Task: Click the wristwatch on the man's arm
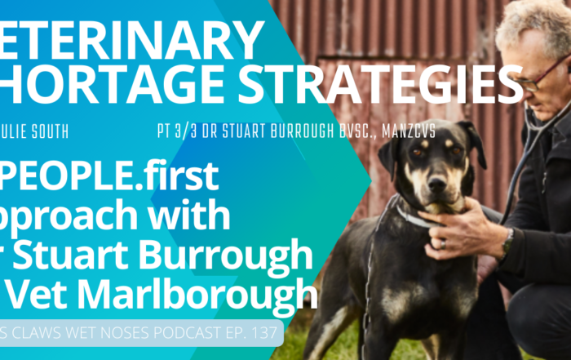[508, 241]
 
